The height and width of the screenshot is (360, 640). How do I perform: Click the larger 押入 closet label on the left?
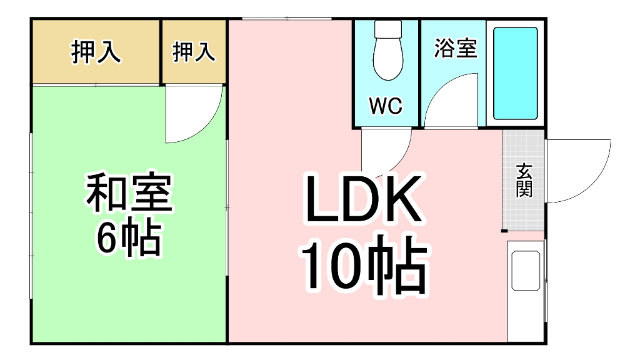[96, 52]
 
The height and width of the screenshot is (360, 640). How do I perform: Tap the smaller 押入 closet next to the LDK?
[194, 52]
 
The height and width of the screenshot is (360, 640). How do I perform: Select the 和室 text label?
[129, 192]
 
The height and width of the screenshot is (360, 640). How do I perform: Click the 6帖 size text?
[129, 237]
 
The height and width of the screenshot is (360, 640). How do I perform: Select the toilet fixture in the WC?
[387, 52]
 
